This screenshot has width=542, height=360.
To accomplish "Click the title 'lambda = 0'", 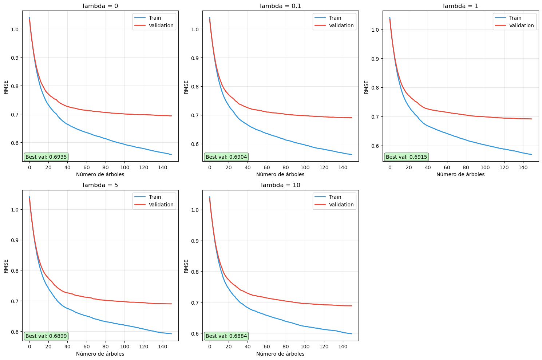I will coord(100,6).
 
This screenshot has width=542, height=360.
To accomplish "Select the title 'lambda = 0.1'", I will coord(280,6).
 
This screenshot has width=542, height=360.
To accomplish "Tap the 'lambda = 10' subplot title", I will coord(280,185).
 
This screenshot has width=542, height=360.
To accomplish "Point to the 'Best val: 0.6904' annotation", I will coord(226,157).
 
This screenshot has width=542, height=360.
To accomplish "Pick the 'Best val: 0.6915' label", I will coord(406,157).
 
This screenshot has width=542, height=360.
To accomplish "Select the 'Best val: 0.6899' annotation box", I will coord(46,336).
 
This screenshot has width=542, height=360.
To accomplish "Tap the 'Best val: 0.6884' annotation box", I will coord(226,336).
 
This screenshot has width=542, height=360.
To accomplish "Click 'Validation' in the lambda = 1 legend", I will coord(521,25).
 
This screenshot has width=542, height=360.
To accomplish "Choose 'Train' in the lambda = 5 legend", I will coord(155,197).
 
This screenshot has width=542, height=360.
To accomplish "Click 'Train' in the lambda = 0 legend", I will coord(155,18).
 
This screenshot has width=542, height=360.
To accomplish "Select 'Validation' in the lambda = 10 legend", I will coord(341,205).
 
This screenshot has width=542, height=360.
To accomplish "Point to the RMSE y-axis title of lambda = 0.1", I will coord(186,87).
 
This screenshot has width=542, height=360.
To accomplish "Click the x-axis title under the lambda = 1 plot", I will coord(460,174).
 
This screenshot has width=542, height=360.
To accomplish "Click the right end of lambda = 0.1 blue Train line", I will coord(352,154).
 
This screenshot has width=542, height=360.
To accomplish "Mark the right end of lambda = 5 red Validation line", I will coord(171,304).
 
